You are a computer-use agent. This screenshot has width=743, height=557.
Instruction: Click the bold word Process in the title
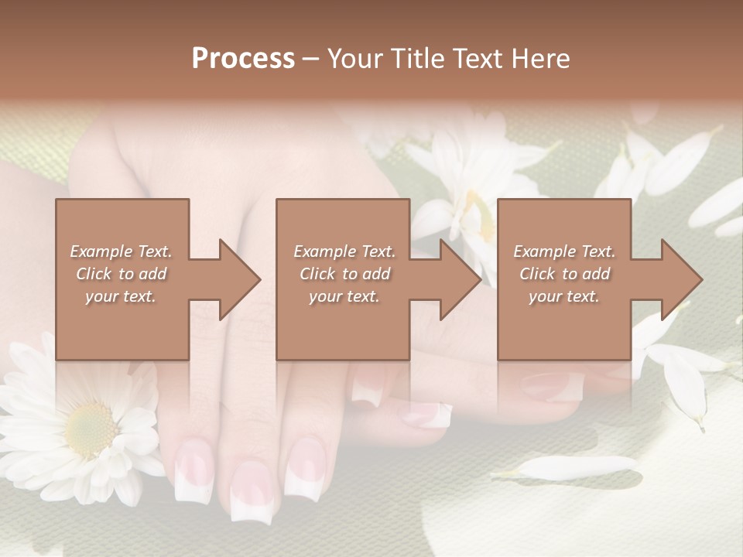243,59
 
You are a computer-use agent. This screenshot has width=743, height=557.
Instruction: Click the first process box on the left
122,325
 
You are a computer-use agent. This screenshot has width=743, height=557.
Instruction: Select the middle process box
343,325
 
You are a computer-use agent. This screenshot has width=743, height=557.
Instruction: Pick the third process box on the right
563,325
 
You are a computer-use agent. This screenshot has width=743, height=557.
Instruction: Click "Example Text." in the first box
122,251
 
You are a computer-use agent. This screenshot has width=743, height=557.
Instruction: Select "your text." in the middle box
344,296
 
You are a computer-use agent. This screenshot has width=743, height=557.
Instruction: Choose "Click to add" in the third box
564,274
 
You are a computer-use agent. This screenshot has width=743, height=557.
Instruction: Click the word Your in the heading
355,59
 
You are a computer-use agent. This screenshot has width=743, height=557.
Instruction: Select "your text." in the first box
121,296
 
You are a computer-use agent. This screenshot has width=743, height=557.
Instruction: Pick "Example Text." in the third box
564,251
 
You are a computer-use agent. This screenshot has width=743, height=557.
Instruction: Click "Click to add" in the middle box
344,274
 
